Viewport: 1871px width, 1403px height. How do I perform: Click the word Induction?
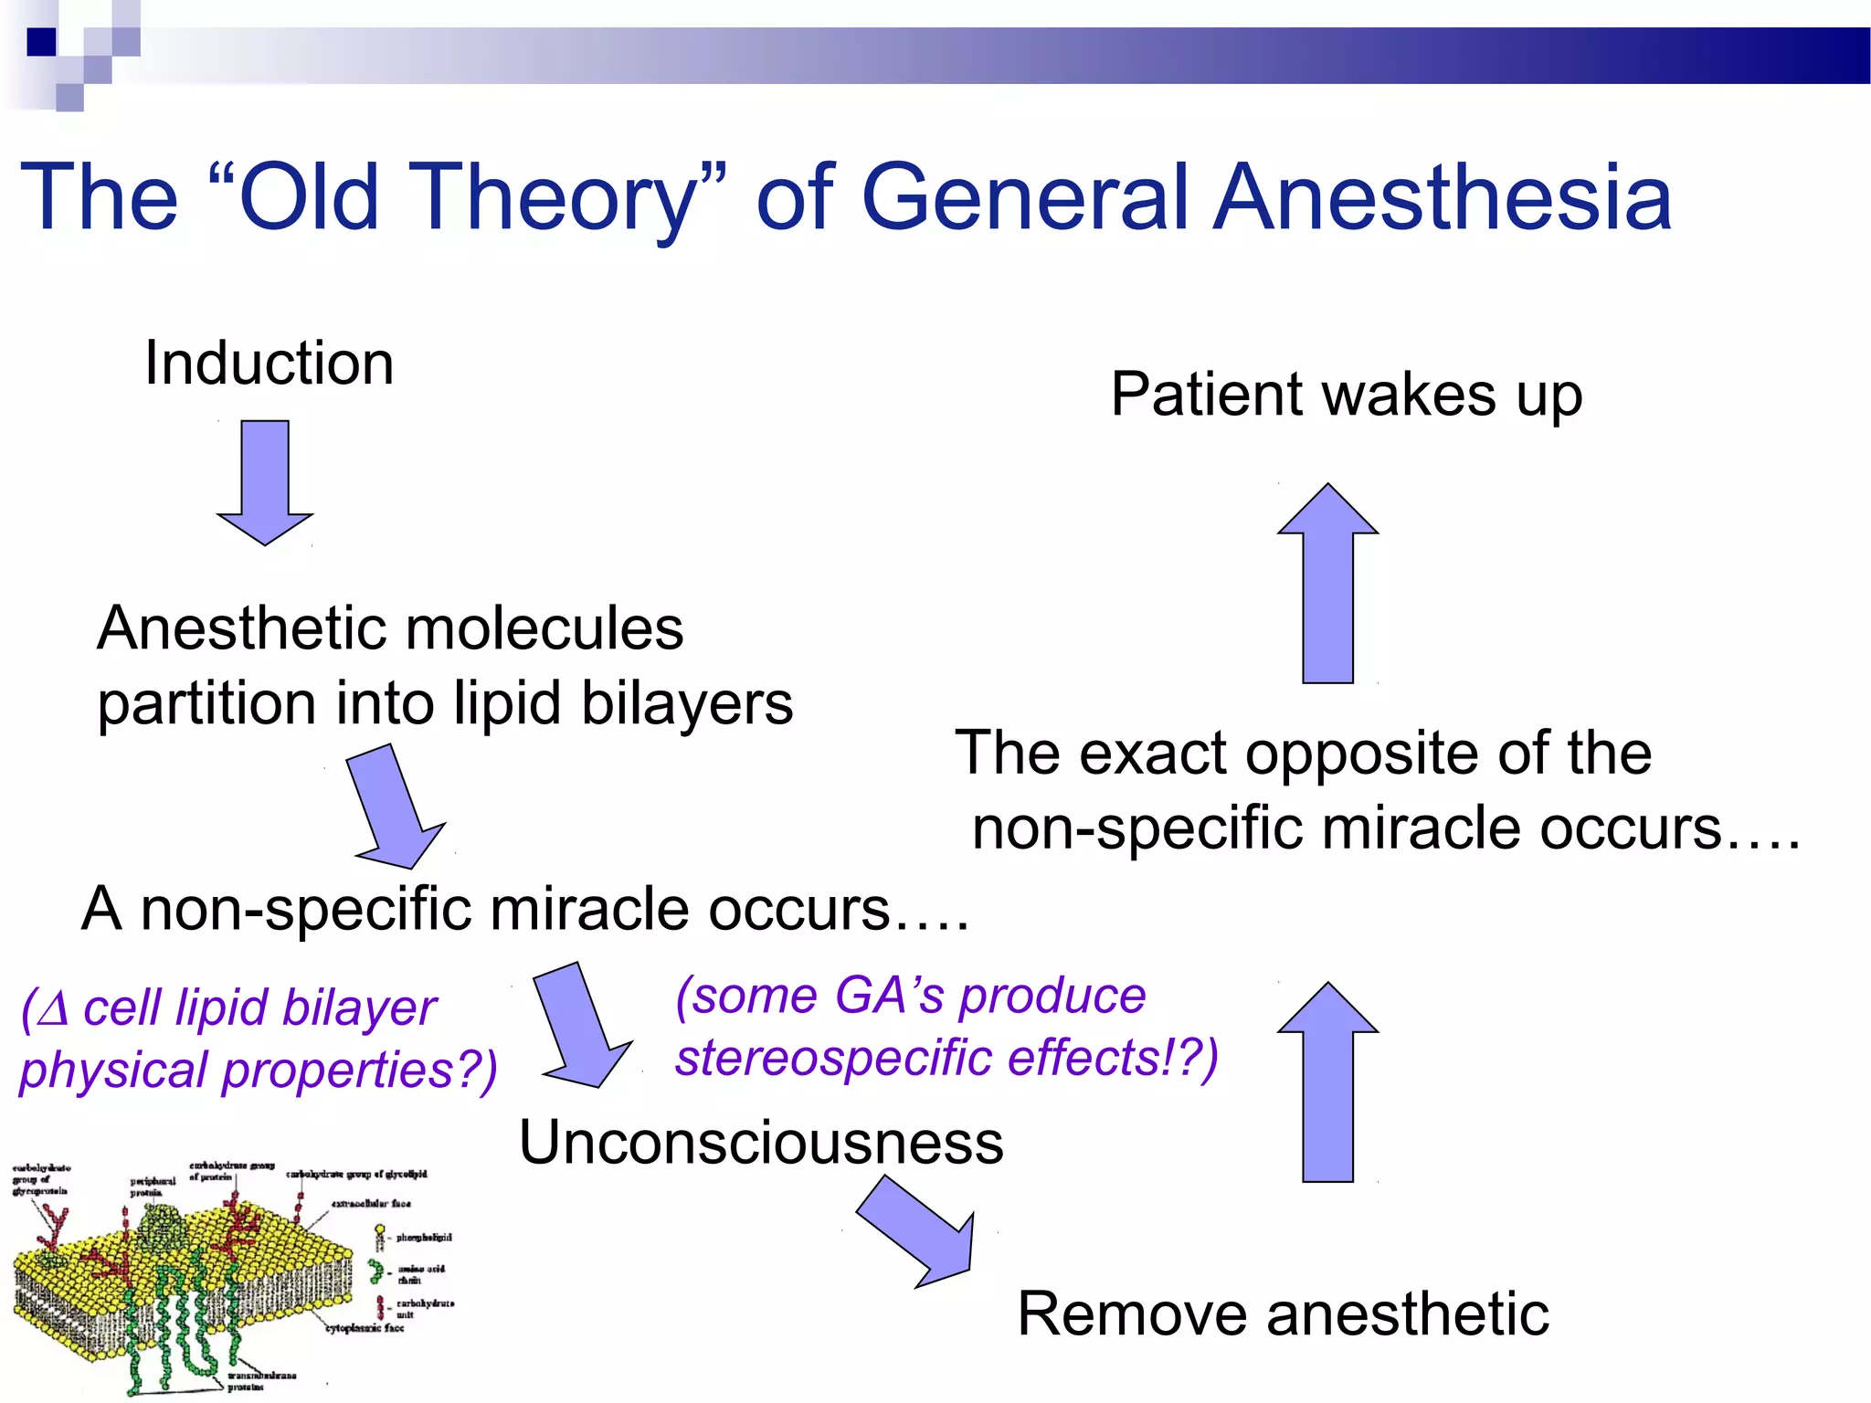[x=269, y=364]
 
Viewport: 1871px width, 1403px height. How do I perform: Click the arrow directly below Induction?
[x=265, y=480]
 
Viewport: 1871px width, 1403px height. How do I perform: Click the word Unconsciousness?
[x=761, y=1143]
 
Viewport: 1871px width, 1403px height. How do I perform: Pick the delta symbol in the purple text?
[x=55, y=1008]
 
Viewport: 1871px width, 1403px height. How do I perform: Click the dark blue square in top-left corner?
[x=42, y=41]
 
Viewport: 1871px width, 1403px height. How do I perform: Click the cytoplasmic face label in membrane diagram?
[x=365, y=1328]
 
